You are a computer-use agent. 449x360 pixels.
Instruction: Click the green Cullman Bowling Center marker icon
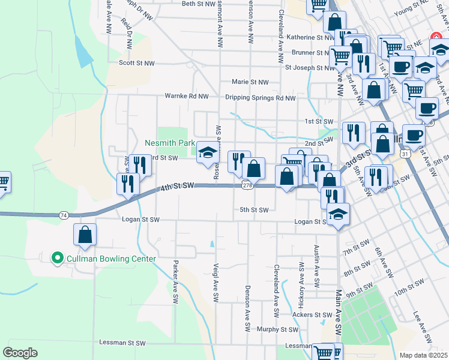(x=58, y=259)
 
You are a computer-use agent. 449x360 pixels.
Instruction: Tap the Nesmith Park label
(x=170, y=143)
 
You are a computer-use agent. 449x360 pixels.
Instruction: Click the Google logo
(x=20, y=353)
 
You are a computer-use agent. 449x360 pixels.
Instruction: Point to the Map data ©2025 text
(x=424, y=355)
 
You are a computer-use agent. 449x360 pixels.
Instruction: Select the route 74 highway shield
(x=64, y=214)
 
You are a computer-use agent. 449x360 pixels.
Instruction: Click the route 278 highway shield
(x=247, y=186)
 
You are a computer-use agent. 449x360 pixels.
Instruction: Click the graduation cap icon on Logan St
(x=339, y=215)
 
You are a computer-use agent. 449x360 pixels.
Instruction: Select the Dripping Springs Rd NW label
(x=261, y=98)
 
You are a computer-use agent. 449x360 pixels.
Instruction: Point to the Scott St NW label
(x=136, y=62)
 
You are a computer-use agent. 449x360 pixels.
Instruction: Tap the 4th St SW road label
(x=178, y=188)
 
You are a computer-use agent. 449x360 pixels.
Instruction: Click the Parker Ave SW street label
(x=175, y=281)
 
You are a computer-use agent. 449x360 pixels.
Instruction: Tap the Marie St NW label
(x=250, y=82)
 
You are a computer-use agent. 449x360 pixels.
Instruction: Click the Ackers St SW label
(x=312, y=314)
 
